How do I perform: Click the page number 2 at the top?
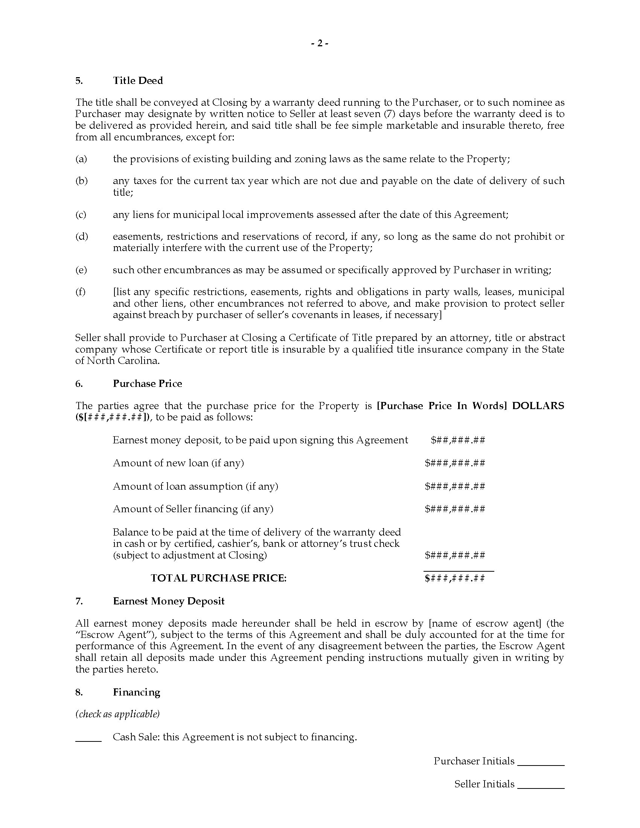320,44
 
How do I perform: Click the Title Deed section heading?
138,81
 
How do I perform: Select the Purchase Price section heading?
147,383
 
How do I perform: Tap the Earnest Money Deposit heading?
168,601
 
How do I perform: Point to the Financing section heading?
137,692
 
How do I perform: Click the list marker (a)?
81,159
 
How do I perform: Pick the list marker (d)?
82,237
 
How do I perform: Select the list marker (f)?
81,292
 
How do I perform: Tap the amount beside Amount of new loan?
455,463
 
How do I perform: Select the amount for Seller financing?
455,509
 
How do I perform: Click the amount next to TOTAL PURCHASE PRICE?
455,578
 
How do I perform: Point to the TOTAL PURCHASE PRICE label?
218,578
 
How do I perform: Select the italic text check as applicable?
117,714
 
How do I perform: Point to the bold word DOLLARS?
538,406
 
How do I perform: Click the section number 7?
78,601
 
